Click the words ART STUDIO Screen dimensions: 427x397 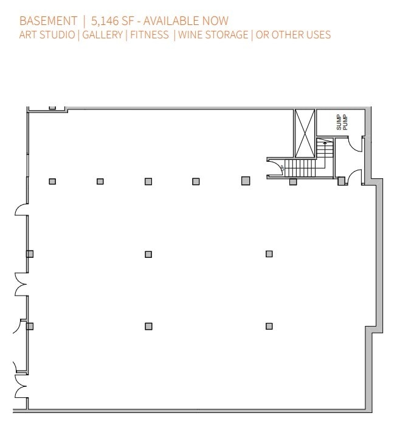47,35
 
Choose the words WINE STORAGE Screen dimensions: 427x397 213,35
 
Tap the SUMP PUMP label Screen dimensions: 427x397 340,122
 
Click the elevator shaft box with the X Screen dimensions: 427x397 303,133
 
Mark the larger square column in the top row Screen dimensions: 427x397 246,181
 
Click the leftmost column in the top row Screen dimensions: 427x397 52,181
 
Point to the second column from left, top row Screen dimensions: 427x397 100,181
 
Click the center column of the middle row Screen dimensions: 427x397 148,254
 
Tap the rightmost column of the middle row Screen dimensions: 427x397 269,254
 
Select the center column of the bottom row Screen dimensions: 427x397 148,326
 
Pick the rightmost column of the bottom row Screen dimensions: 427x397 269,326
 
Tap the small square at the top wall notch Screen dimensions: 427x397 52,107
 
